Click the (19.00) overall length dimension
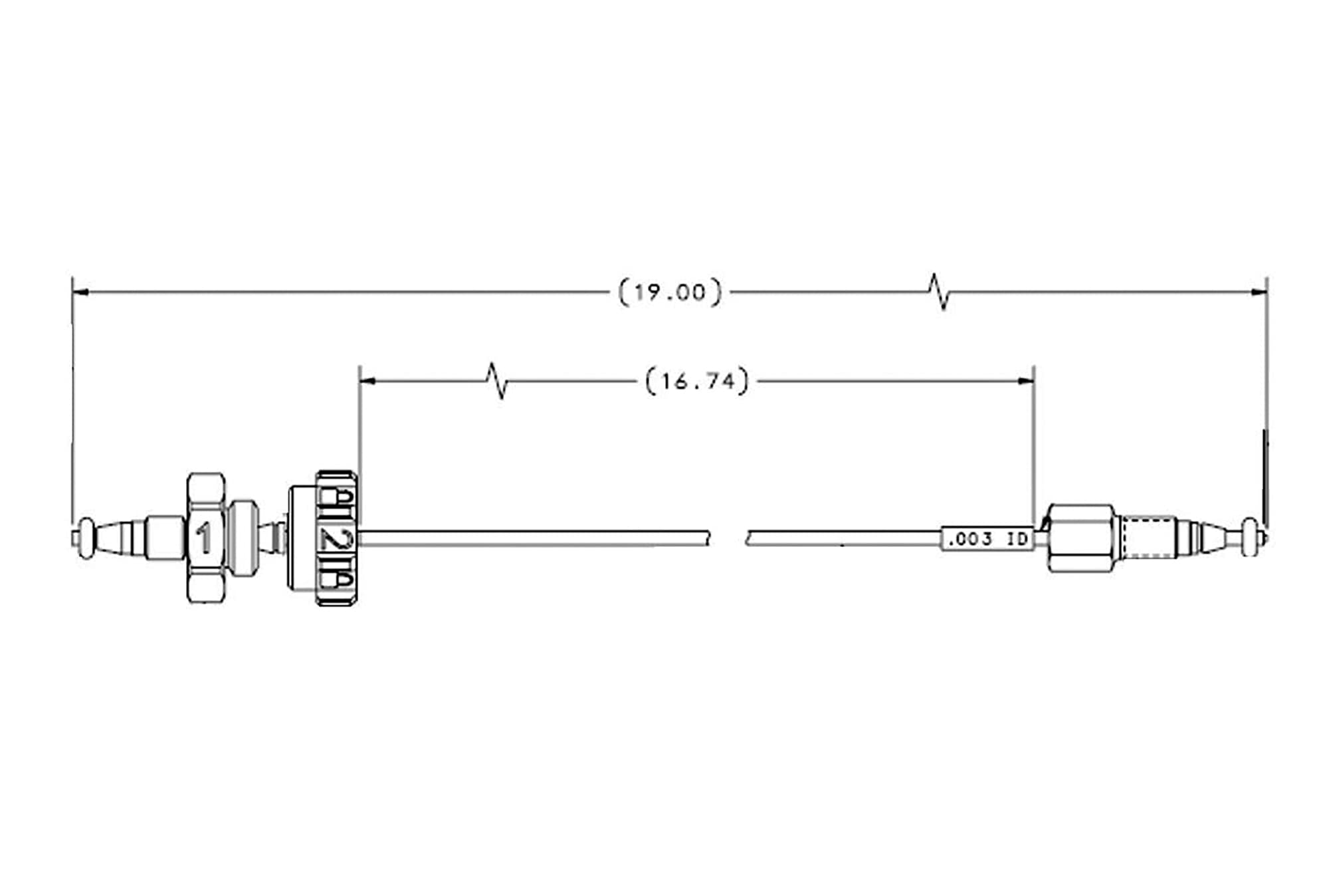point(670,292)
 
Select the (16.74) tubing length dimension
point(697,382)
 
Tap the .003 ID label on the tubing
point(987,538)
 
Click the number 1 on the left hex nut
point(205,538)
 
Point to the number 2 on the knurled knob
point(335,538)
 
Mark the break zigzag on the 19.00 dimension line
point(939,291)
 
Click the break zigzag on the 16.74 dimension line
point(497,381)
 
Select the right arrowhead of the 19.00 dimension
point(1258,291)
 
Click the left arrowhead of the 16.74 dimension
point(367,381)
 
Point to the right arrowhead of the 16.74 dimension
point(1025,381)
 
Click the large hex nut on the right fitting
point(1080,538)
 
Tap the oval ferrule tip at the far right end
point(1251,537)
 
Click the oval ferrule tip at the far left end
point(86,538)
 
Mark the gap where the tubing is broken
point(728,538)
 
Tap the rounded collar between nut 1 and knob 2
point(243,538)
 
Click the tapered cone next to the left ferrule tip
point(110,538)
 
